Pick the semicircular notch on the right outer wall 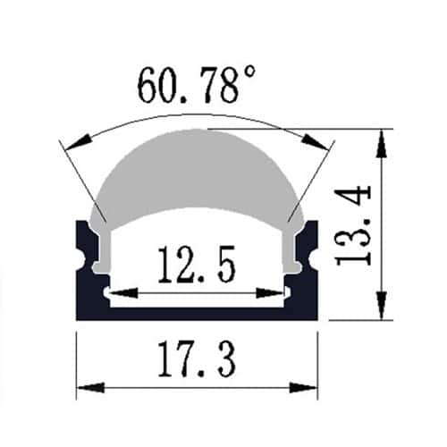[x=314, y=260]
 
